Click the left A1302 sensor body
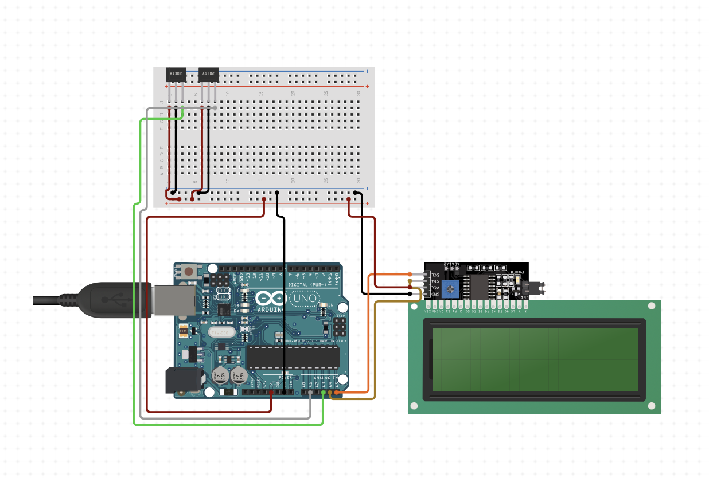pos(176,74)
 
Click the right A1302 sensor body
pos(208,74)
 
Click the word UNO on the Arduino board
pos(304,299)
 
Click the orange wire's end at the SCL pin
pos(410,275)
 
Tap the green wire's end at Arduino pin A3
pos(323,393)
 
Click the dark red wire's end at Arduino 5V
pos(271,393)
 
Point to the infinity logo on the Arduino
pos(271,299)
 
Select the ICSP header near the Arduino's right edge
pos(340,327)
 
